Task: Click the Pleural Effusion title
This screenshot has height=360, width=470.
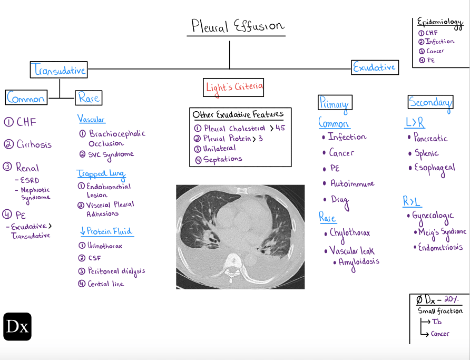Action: [237, 26]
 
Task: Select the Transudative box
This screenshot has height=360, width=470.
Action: [58, 70]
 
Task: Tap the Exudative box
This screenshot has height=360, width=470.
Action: [375, 67]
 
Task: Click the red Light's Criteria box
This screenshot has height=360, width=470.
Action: [233, 87]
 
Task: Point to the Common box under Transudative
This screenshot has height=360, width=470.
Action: [26, 98]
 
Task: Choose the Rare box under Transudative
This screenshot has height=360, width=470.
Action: [88, 98]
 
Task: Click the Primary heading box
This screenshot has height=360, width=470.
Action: [334, 103]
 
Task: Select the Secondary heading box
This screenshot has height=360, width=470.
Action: [430, 102]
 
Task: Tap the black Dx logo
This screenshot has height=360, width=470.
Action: [17, 327]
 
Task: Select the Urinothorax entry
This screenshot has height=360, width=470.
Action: [105, 245]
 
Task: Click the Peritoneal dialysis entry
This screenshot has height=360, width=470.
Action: [115, 271]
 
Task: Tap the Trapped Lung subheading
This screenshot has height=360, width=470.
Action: [101, 173]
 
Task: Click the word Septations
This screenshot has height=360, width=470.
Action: [222, 159]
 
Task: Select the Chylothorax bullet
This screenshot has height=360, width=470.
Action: [349, 233]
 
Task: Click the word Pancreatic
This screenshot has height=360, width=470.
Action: [430, 139]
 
